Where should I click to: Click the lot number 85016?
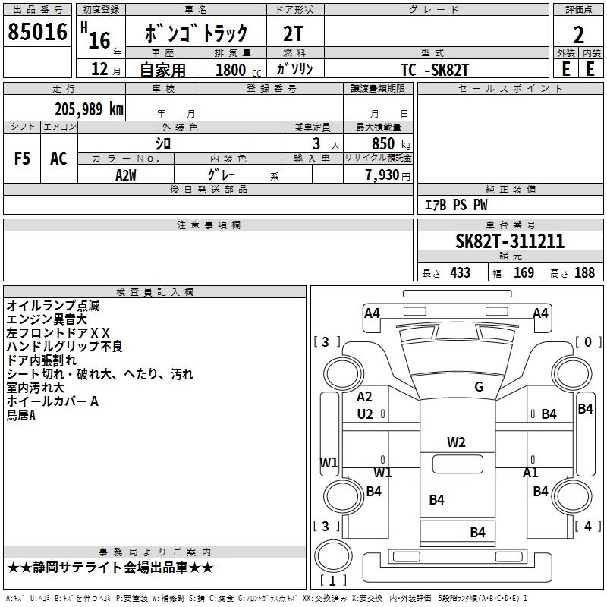pos(36,33)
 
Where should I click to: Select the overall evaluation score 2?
pos(578,35)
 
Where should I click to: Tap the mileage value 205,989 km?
pos(88,109)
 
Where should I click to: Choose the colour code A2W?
pos(126,175)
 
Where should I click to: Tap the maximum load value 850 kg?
pos(386,143)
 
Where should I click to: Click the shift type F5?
pos(22,159)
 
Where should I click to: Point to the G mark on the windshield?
pos(478,387)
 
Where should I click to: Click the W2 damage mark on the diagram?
pos(456,442)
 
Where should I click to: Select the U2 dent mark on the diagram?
pos(365,414)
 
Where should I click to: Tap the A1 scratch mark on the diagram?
pos(530,473)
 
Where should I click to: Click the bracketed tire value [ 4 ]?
pos(587,526)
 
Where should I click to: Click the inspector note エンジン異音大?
pos(47,319)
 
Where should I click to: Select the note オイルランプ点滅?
pos(52,306)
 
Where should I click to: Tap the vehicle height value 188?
pos(584,273)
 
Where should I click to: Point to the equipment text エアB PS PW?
pos(455,205)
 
